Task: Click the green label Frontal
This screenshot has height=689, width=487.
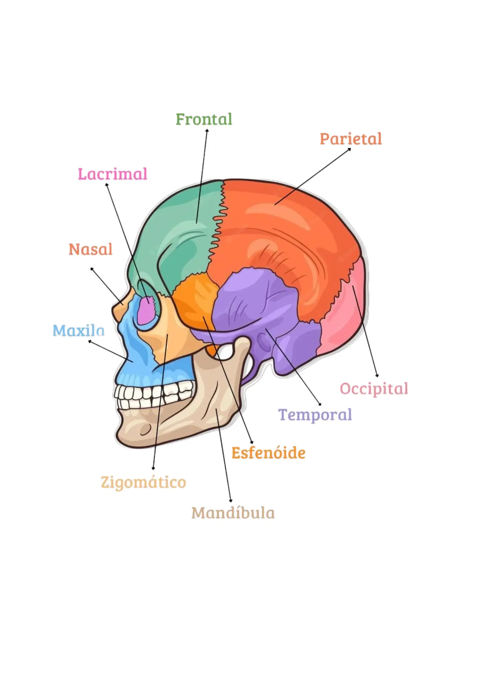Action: pyautogui.click(x=204, y=119)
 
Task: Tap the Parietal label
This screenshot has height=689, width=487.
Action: pyautogui.click(x=351, y=139)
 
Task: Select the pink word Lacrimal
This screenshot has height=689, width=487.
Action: pyautogui.click(x=113, y=174)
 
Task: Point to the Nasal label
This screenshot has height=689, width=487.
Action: pyautogui.click(x=91, y=249)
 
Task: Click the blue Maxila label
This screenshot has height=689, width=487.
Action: pyautogui.click(x=79, y=330)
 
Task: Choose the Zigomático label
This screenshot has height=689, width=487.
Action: pyautogui.click(x=143, y=482)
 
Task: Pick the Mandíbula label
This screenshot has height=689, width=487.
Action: pyautogui.click(x=233, y=513)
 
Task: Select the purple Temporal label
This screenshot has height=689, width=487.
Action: pyautogui.click(x=315, y=415)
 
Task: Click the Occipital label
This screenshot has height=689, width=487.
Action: pyautogui.click(x=374, y=389)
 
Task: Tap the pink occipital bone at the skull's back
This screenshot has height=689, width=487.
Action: pyautogui.click(x=341, y=310)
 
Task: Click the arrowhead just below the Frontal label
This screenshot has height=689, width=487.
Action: pyautogui.click(x=207, y=131)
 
